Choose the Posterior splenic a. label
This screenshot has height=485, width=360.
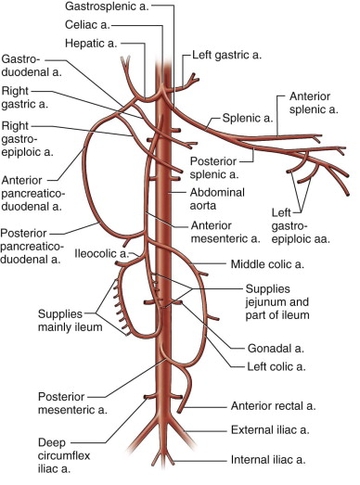coord(212,174)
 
